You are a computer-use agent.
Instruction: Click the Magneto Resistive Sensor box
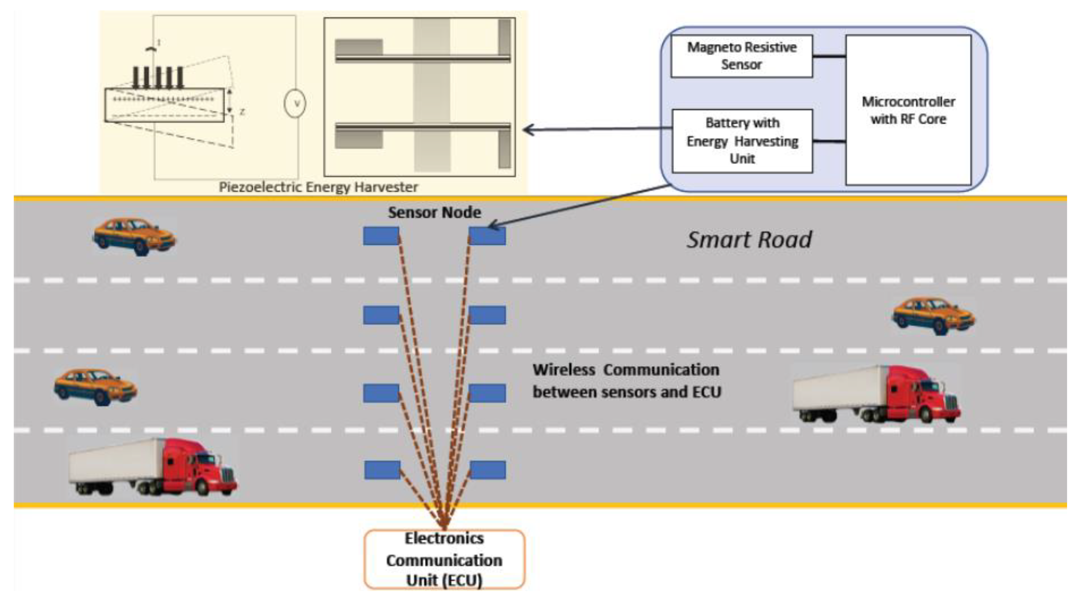coord(741,56)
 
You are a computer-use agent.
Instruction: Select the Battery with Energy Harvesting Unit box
coord(742,141)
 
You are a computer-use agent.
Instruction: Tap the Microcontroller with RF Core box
coord(908,110)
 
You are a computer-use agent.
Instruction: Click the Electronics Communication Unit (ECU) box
coord(444,559)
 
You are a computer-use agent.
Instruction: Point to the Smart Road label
coord(749,240)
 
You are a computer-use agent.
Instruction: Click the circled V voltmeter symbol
coord(295,103)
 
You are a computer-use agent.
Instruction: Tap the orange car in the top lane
coord(134,236)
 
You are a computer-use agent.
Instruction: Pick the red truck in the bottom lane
coord(153,467)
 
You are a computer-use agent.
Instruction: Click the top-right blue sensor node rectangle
coord(487,236)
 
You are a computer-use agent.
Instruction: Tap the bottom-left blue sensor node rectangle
coord(381,470)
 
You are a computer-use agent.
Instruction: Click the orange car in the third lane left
coord(95,386)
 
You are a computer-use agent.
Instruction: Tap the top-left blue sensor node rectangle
coord(380,236)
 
